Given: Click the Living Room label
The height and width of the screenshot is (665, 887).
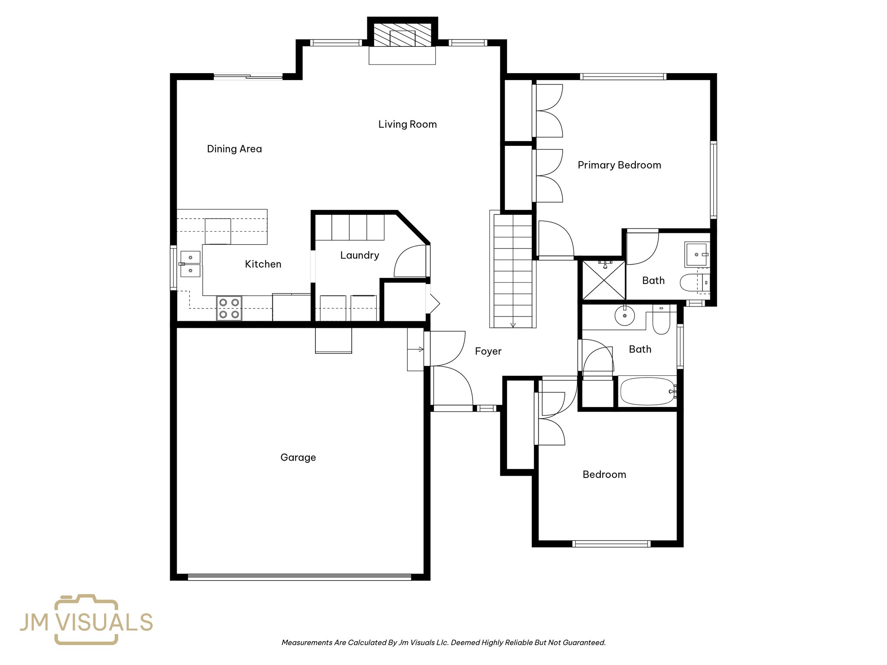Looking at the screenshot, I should coord(407,124).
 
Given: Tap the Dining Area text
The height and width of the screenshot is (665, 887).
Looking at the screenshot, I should coord(234,149).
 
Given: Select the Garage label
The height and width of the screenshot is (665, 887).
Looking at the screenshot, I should coord(298,457).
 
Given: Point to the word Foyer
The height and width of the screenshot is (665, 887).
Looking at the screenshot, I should coord(488,351).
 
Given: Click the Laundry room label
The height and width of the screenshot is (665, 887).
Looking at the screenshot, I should coord(359,255).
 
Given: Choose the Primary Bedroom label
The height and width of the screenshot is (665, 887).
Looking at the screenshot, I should coord(619,165).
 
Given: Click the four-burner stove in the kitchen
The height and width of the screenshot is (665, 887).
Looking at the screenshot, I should coord(229,308).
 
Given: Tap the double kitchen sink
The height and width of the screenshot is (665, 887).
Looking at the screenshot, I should coord(191,264).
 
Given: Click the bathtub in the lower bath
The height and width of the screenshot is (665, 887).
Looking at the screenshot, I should coord(647,391).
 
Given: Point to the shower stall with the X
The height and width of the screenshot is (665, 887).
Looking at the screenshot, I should coord(604,280).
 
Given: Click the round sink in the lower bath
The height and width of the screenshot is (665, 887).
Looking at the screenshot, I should coord(625,316).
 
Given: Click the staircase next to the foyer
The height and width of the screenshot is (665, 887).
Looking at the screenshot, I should coord(513,271).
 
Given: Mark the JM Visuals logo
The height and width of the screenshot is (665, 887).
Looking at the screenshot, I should coord(86,620).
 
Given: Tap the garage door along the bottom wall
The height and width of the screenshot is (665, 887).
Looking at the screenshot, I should coord(299,577).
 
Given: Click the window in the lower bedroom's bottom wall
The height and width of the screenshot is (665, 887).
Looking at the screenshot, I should coord(611,544).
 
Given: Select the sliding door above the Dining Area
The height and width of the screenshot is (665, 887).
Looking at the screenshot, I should coord(248,77).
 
